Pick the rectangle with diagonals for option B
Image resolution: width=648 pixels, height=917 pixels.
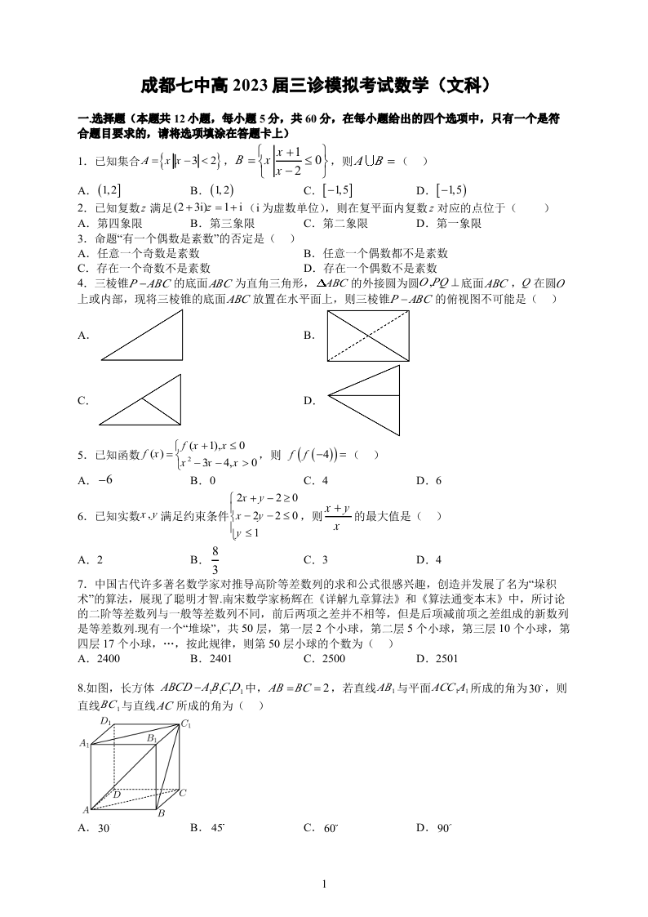click(367, 336)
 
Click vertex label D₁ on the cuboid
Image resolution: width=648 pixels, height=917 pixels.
click(105, 721)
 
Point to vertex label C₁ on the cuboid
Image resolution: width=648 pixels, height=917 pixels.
click(186, 723)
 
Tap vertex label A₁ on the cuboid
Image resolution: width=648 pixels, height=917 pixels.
click(83, 743)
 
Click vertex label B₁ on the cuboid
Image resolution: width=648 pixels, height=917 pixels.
click(152, 737)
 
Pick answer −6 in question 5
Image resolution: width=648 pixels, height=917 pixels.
click(104, 480)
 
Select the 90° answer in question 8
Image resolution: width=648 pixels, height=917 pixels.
click(443, 828)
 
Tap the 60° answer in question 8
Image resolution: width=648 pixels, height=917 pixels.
click(330, 828)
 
